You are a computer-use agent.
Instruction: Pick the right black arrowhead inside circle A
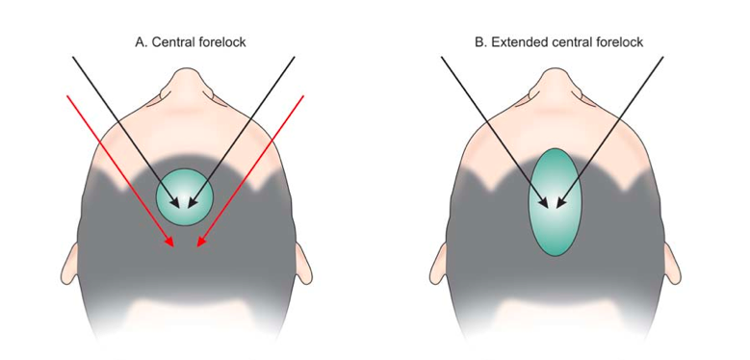193,203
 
